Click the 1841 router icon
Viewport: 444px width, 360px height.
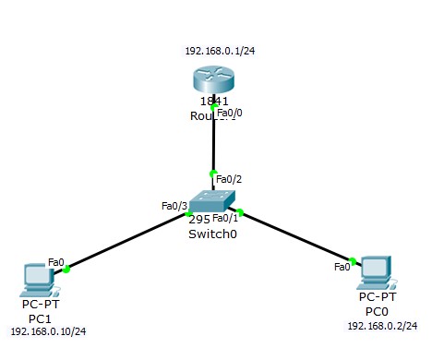tap(213, 78)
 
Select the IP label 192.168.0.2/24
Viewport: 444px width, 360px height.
tap(382, 326)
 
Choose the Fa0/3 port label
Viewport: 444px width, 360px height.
tap(174, 205)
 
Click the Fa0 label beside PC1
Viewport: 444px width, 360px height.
tap(56, 262)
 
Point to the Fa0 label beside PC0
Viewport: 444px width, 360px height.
tap(342, 266)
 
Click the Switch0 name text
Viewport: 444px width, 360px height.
tap(210, 234)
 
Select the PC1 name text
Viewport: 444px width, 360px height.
tap(39, 317)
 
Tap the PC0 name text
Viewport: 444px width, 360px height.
tap(376, 311)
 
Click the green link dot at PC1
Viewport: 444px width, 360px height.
tap(67, 270)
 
